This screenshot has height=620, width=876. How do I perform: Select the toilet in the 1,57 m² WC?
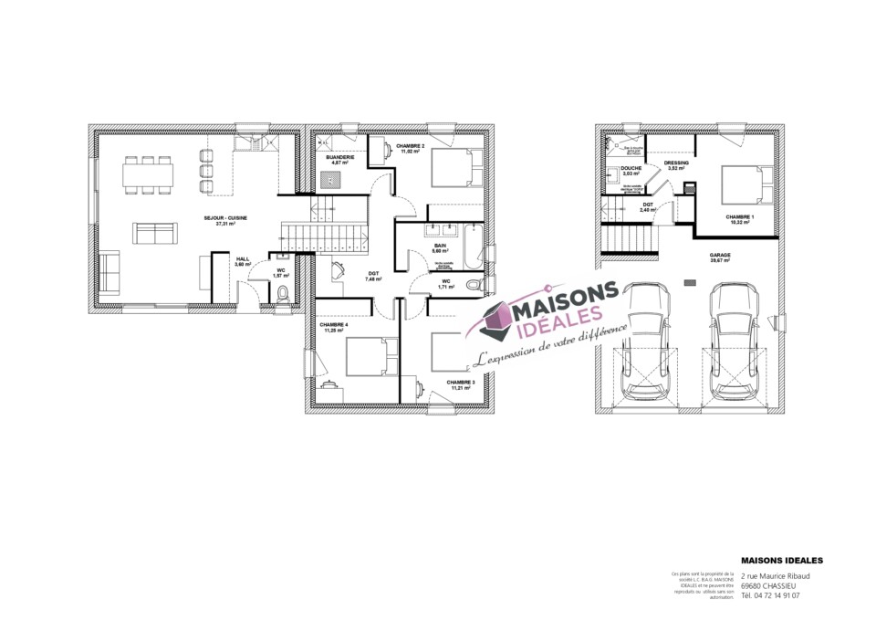284,292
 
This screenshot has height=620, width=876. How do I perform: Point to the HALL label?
243,259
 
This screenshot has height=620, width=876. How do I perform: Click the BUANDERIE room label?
339,157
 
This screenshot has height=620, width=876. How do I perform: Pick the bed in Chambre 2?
452,168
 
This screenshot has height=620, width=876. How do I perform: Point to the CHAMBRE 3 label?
460,383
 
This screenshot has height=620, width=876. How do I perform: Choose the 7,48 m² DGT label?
373,274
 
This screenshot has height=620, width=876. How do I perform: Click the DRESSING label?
676,163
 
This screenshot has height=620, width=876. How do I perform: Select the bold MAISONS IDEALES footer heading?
782,560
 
